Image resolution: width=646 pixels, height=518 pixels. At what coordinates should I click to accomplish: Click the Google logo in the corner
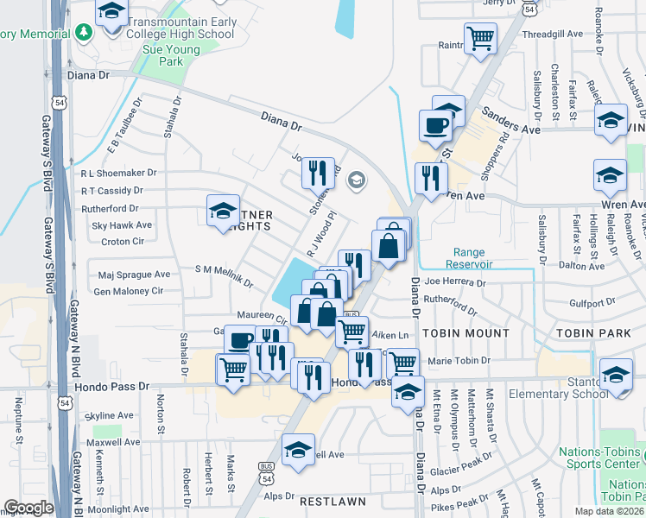28,508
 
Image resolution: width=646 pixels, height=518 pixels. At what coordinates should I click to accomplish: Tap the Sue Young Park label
158,56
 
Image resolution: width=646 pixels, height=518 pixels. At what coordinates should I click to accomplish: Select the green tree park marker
83,33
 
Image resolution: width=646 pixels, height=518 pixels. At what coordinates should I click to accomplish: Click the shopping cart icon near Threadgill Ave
480,38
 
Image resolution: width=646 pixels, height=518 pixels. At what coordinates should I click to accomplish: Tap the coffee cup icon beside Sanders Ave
435,124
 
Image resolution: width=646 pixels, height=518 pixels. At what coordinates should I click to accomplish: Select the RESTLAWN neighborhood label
332,501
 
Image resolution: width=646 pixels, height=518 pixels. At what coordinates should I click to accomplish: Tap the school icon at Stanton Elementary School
617,376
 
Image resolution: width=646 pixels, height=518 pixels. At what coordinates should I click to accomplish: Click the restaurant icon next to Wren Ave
428,179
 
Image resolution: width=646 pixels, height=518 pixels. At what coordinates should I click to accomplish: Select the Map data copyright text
609,511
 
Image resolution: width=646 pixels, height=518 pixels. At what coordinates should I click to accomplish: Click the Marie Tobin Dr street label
459,361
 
